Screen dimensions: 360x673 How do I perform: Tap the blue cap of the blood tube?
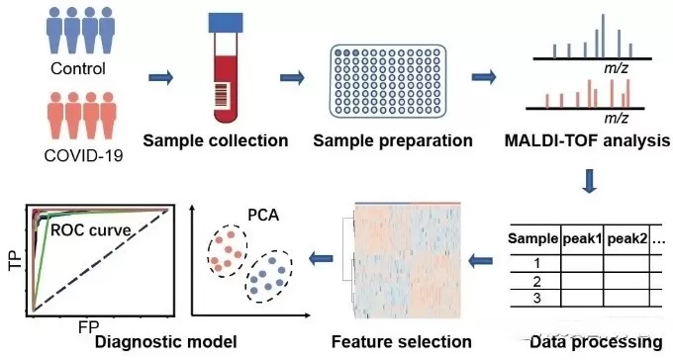click(227, 27)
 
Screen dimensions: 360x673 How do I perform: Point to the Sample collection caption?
click(215, 140)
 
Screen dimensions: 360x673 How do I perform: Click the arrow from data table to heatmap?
click(481, 259)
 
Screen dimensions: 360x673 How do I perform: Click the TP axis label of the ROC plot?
click(11, 261)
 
